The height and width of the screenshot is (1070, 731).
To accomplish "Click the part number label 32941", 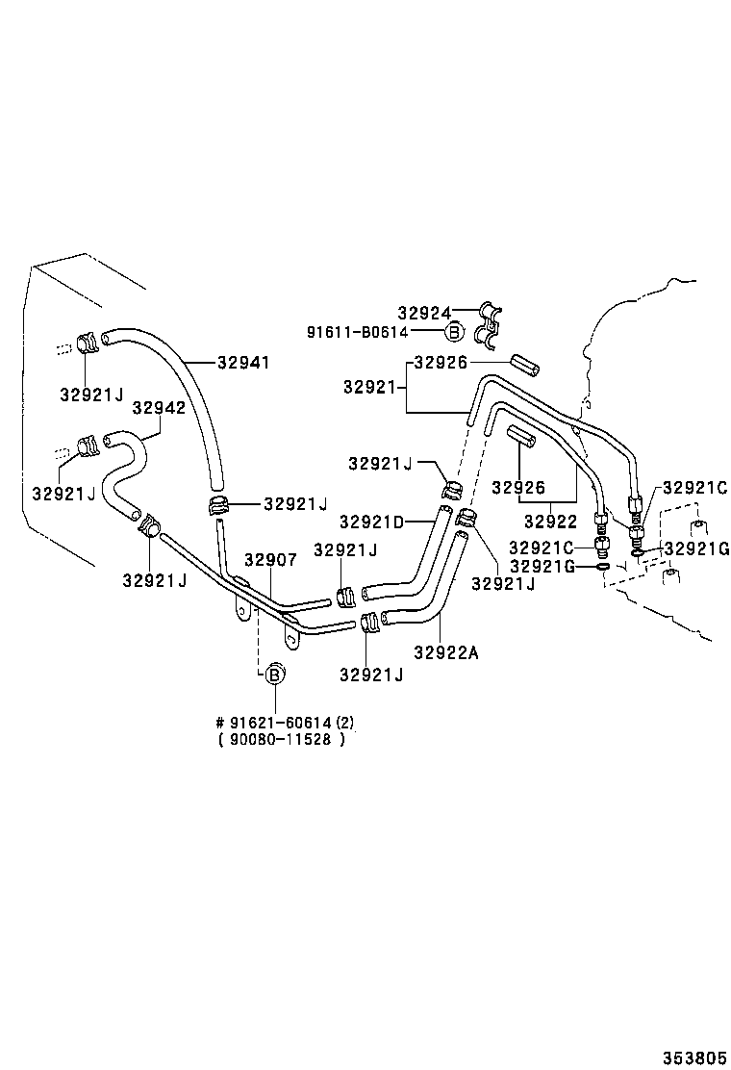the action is pyautogui.click(x=243, y=363).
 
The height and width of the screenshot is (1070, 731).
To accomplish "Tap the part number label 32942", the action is pyautogui.click(x=159, y=407).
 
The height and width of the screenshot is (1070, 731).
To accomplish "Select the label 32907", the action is pyautogui.click(x=270, y=560).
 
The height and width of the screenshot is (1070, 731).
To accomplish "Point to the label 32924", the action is pyautogui.click(x=424, y=313).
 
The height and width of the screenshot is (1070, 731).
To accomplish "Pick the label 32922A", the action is pyautogui.click(x=446, y=653).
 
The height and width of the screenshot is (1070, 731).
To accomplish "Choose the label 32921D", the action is pyautogui.click(x=371, y=522).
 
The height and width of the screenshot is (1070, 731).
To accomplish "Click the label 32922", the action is pyautogui.click(x=550, y=522).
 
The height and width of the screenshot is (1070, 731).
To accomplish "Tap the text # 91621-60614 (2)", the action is pyautogui.click(x=285, y=722).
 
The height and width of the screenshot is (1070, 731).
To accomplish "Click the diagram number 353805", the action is pyautogui.click(x=694, y=1057).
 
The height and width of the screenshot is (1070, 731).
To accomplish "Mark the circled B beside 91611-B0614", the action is pyautogui.click(x=453, y=332).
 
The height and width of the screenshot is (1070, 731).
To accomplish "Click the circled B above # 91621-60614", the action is pyautogui.click(x=274, y=675).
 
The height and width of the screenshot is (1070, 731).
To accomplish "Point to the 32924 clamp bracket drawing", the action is pyautogui.click(x=491, y=324).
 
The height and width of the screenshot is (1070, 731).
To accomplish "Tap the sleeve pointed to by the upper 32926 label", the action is pyautogui.click(x=526, y=364).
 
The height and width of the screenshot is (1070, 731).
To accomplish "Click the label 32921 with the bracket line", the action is pyautogui.click(x=369, y=388).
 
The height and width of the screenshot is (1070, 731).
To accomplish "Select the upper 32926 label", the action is pyautogui.click(x=441, y=363).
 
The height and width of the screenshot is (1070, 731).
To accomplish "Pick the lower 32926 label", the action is pyautogui.click(x=518, y=487).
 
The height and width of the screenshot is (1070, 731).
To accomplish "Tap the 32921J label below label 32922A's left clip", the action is pyautogui.click(x=371, y=675).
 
